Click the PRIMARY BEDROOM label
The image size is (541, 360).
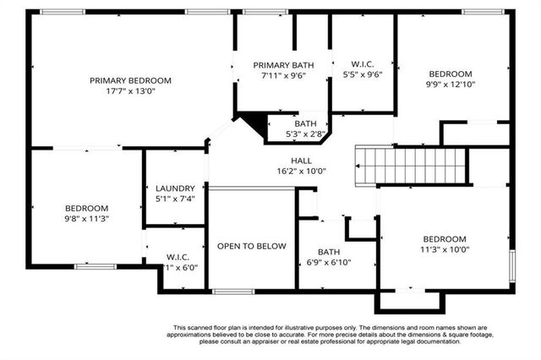coord(130,81)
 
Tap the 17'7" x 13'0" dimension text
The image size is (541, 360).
coord(130,92)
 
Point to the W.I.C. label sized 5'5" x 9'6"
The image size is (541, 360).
coord(362,64)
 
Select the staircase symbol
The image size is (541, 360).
coord(411,163)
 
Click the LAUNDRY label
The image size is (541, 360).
coord(175,188)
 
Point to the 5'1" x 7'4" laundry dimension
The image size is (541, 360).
coord(175,199)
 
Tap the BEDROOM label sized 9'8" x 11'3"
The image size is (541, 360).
coord(86,208)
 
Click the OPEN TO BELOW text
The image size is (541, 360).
coord(251,246)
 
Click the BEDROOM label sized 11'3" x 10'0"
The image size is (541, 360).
coord(445,238)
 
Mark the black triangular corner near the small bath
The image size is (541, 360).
coord(251,125)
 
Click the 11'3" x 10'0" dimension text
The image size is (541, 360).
coord(445,249)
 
